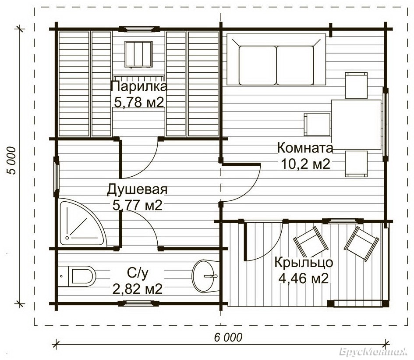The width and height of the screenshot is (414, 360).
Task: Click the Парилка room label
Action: [x=139, y=87]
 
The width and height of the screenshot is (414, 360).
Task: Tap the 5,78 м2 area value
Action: [x=139, y=102]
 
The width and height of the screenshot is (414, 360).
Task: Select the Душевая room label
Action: [x=137, y=190]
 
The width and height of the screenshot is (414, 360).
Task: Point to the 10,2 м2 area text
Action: [x=305, y=164]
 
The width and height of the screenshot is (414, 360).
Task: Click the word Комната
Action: [x=305, y=148]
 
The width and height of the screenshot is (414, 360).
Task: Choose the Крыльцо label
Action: [x=304, y=263]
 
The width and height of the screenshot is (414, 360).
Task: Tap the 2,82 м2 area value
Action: [x=137, y=289]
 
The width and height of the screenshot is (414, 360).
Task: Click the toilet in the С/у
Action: [x=77, y=276]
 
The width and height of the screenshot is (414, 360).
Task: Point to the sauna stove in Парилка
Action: [x=138, y=54]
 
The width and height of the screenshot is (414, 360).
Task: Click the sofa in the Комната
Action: [x=276, y=60]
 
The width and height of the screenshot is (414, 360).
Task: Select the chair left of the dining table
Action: [x=317, y=124]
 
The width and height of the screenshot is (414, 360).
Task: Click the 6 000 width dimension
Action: [x=228, y=338]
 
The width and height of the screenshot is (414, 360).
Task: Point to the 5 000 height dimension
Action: [x=12, y=160]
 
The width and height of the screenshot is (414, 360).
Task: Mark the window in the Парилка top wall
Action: [x=139, y=29]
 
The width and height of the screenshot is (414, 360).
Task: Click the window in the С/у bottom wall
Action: [x=138, y=303]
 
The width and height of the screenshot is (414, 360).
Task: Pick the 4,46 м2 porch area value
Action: [x=304, y=278]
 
